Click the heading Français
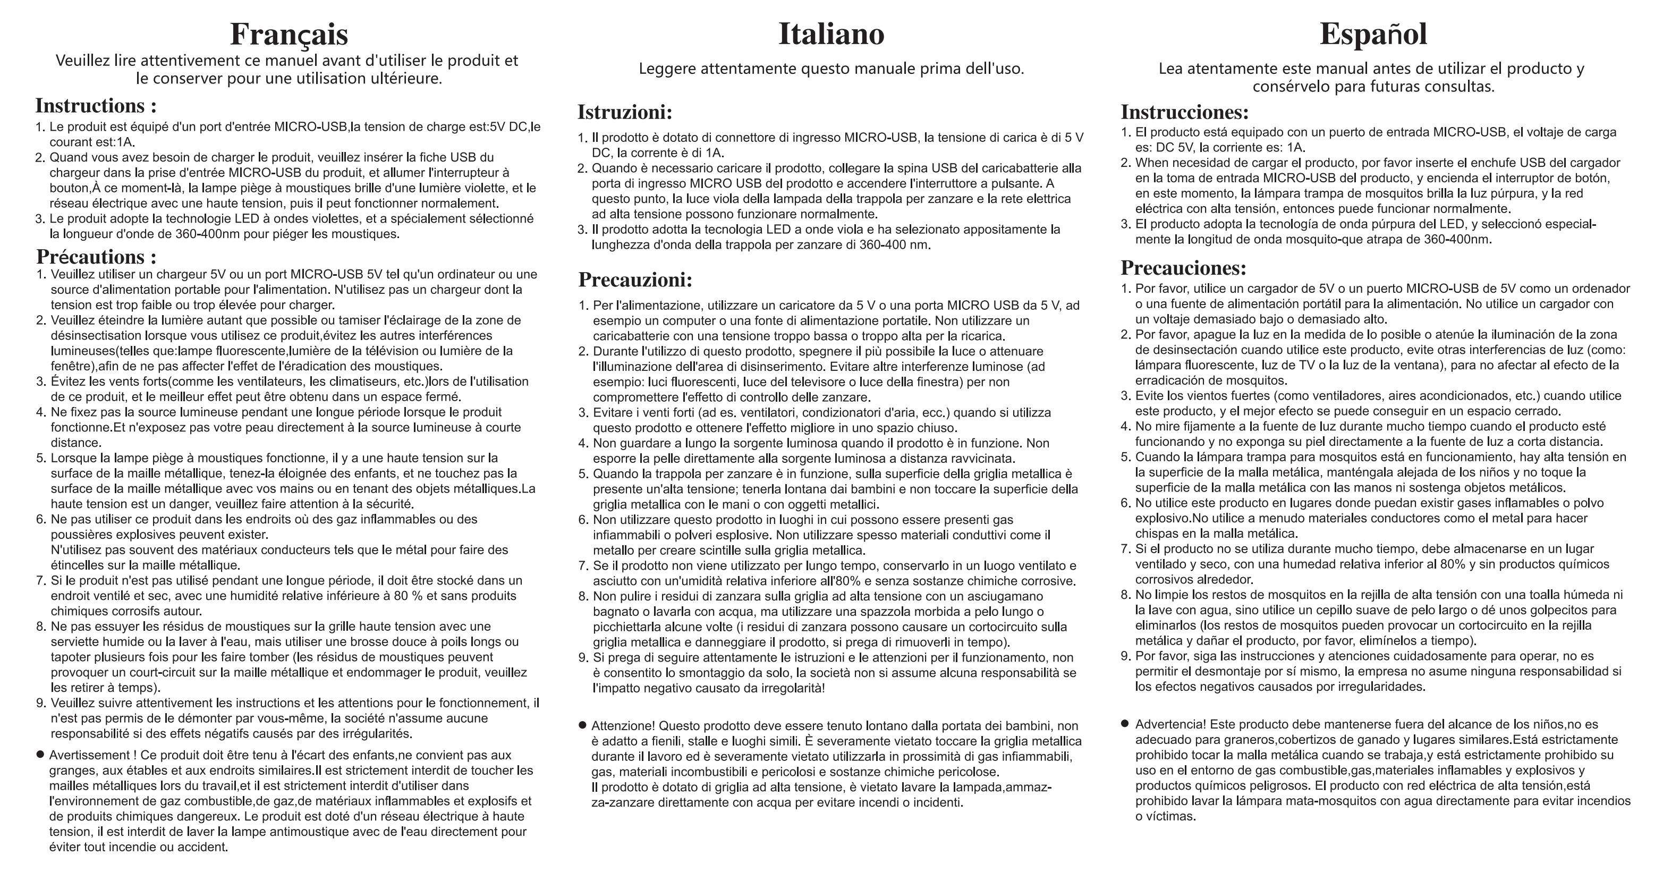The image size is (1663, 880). (289, 35)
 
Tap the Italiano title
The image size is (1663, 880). (831, 35)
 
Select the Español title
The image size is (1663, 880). (1373, 35)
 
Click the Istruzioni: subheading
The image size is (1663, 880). (624, 112)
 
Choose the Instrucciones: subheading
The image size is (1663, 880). (1185, 112)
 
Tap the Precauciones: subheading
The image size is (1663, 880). (1183, 267)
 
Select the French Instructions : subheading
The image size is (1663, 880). (96, 106)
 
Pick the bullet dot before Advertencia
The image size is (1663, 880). (1125, 724)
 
